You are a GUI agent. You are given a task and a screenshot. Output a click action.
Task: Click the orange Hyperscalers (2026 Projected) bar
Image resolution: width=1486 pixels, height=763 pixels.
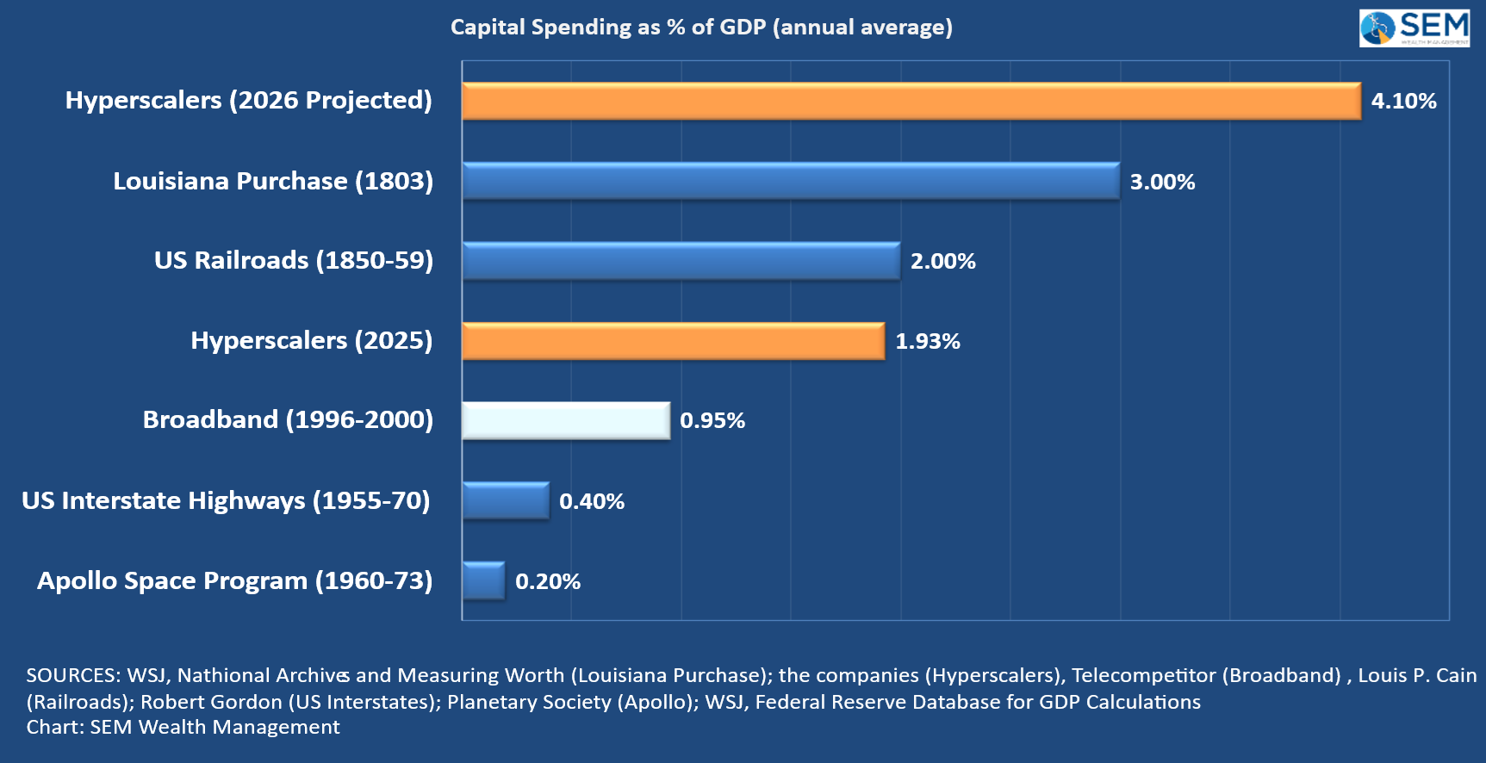coord(911,102)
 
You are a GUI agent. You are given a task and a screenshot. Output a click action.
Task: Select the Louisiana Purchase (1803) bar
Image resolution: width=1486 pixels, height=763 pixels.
coord(790,182)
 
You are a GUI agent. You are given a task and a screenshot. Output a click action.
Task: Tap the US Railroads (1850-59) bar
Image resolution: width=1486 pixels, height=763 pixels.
coord(681,261)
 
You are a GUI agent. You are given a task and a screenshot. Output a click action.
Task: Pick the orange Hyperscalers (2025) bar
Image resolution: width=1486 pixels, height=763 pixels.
coord(673,341)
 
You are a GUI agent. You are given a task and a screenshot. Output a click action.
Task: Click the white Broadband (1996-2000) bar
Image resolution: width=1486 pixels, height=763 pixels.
coord(566,421)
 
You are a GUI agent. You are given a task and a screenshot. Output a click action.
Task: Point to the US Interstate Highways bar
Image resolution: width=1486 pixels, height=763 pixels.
coord(505,501)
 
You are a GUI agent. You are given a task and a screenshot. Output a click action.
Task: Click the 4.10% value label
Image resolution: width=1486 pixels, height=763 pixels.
coord(1403,102)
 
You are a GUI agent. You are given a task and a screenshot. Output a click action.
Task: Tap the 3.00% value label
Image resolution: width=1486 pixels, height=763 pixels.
coord(1162,182)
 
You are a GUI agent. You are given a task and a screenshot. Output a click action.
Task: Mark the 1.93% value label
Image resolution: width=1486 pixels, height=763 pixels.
coord(927,342)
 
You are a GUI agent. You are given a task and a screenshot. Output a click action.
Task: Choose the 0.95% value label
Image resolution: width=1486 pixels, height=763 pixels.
coord(712,421)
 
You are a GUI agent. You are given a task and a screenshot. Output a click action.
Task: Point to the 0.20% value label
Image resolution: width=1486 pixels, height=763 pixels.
coord(548,582)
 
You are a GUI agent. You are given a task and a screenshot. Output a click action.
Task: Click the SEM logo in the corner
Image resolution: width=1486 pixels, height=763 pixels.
coord(1414,28)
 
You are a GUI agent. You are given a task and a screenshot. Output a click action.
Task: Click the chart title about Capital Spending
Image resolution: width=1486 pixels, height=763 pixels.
coord(701,28)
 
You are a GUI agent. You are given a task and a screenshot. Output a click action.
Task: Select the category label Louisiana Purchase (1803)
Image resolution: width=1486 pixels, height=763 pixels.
coord(273,181)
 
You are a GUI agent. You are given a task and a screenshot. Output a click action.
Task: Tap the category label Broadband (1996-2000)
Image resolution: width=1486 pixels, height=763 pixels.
coord(288,419)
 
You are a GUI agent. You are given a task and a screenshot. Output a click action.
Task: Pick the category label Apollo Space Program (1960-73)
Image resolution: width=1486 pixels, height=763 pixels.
coord(234,580)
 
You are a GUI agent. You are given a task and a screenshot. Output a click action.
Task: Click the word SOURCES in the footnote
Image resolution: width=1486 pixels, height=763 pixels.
coord(72,675)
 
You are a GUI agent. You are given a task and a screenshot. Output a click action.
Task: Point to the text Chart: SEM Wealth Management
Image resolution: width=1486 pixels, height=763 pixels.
coord(183,727)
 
